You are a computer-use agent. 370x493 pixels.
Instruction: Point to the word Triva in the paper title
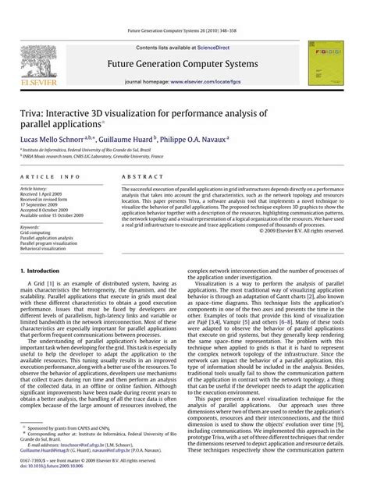(35, 114)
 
